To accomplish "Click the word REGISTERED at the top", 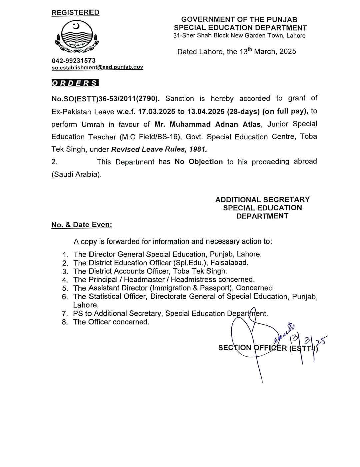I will [x=75, y=12].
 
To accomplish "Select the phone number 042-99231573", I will [x=73, y=60].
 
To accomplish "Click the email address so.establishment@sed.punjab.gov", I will [x=97, y=67].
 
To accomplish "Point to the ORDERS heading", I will [x=75, y=83].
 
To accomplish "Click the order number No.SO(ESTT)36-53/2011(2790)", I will [x=105, y=99].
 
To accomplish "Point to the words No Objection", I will [x=199, y=162].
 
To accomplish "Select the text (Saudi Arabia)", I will [x=76, y=174].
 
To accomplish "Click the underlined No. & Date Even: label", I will [x=82, y=225].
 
